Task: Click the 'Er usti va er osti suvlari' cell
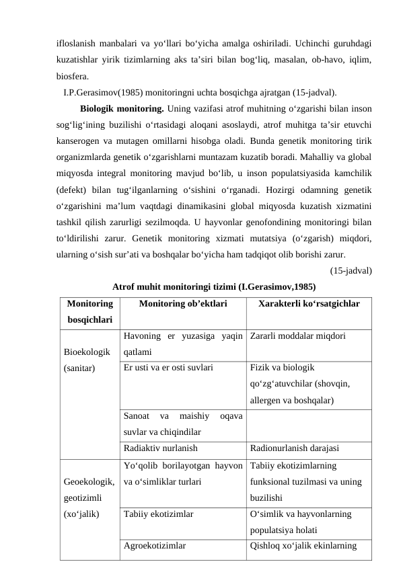(168, 368)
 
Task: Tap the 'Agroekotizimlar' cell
(155, 546)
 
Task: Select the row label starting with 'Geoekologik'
(89, 498)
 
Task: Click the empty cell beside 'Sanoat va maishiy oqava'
(309, 426)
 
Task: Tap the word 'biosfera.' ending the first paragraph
(76, 76)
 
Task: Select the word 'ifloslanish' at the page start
(76, 44)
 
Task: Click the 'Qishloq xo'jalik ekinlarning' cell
(303, 546)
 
